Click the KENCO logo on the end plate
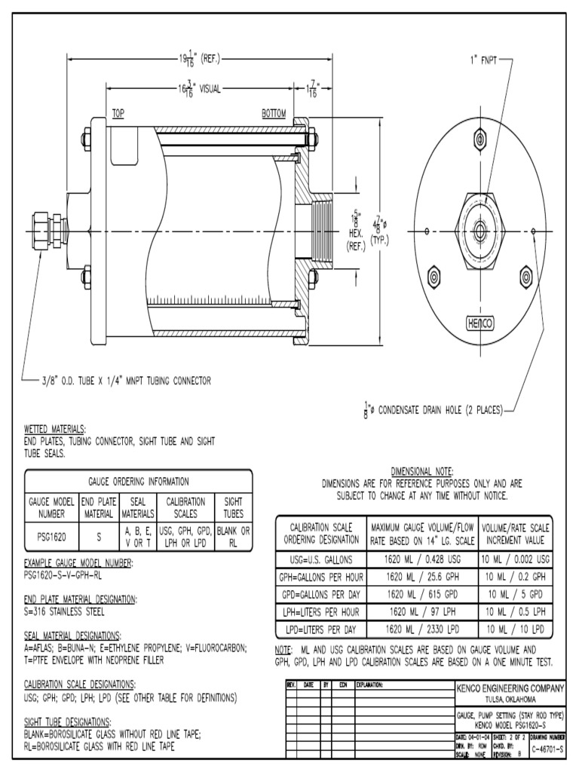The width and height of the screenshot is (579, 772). (480, 323)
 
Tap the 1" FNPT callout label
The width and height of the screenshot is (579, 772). (482, 58)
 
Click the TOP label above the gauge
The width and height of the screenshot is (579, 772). (118, 114)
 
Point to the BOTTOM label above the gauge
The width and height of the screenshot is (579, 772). (274, 114)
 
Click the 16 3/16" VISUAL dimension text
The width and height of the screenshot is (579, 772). (200, 88)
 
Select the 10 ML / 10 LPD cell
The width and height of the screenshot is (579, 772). (516, 629)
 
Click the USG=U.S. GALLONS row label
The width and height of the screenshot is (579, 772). (321, 559)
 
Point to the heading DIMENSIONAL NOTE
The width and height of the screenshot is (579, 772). (421, 470)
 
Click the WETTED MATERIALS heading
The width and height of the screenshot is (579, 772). (55, 428)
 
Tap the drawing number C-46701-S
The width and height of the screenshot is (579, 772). (547, 749)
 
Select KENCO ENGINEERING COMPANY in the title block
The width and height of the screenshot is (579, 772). (510, 688)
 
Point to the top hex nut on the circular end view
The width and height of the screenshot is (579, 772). (480, 139)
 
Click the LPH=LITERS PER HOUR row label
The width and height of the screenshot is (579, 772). (321, 611)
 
